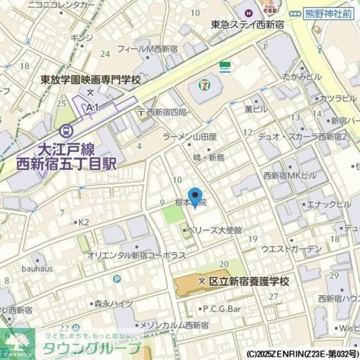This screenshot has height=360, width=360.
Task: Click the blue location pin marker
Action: [x=195, y=197]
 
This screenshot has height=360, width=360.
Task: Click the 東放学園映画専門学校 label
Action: [x=91, y=80]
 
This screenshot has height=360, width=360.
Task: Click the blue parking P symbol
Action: [x=116, y=278]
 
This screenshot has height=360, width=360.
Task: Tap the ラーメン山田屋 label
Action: [x=190, y=137]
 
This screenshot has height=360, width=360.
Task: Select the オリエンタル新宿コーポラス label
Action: [x=137, y=255]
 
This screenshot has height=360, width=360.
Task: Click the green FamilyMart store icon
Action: [x=225, y=66]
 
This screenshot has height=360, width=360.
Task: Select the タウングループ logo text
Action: [x=91, y=347]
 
